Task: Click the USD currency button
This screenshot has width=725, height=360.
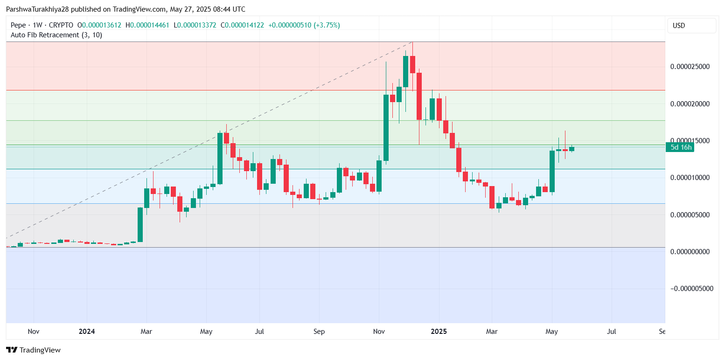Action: pyautogui.click(x=691, y=26)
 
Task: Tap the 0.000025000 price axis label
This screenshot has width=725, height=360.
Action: pyautogui.click(x=690, y=66)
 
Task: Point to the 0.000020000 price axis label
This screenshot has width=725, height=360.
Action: pyautogui.click(x=690, y=104)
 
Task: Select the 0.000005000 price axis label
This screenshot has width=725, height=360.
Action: pyautogui.click(x=690, y=215)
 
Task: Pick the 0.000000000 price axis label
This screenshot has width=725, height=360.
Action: pyautogui.click(x=690, y=251)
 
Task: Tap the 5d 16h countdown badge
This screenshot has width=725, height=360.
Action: pyautogui.click(x=681, y=147)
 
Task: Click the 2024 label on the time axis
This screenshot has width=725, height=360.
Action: pyautogui.click(x=87, y=332)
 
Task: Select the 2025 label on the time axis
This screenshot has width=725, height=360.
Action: pyautogui.click(x=439, y=332)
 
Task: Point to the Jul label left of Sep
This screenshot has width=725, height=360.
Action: pyautogui.click(x=259, y=332)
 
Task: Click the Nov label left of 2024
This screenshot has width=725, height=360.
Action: pyautogui.click(x=33, y=332)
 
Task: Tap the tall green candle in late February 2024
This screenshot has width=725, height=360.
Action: pyautogui.click(x=140, y=224)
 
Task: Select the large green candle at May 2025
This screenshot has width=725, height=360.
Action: pyautogui.click(x=552, y=171)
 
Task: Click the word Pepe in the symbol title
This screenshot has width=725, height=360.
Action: pyautogui.click(x=18, y=25)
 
